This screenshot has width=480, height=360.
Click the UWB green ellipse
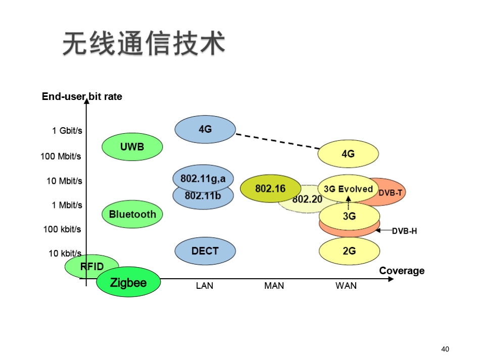click(132, 147)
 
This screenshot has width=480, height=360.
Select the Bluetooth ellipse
click(132, 214)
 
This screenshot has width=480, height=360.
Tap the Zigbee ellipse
click(128, 282)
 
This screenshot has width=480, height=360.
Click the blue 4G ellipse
click(205, 129)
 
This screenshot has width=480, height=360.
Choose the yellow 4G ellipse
click(348, 154)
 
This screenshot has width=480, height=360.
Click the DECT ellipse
click(205, 251)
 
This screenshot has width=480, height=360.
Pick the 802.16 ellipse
click(270, 189)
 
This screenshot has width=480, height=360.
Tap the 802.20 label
click(307, 199)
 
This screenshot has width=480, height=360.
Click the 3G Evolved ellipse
click(348, 189)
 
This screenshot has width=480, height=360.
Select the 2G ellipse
click(349, 251)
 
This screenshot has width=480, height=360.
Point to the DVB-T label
click(391, 193)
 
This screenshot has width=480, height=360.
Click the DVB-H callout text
click(404, 231)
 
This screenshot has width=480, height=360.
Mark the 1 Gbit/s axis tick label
click(67, 131)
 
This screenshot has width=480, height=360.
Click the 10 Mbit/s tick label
click(64, 181)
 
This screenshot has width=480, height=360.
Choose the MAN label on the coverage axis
click(274, 286)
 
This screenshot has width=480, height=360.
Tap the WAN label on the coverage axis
click(346, 286)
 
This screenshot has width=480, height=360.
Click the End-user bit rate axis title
click(82, 96)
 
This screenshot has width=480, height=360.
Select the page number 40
click(445, 349)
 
